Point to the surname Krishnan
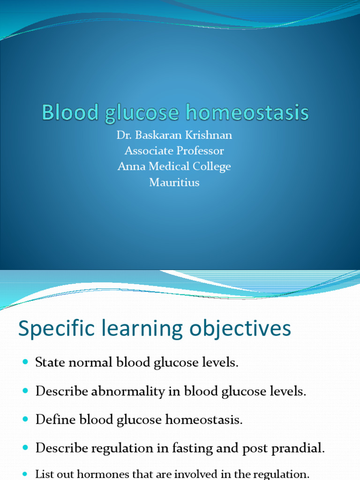[209, 135]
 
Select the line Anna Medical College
[174, 166]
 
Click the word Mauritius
[174, 182]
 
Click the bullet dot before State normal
[25, 363]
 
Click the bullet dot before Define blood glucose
[25, 420]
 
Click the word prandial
[300, 448]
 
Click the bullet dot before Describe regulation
[25, 448]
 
